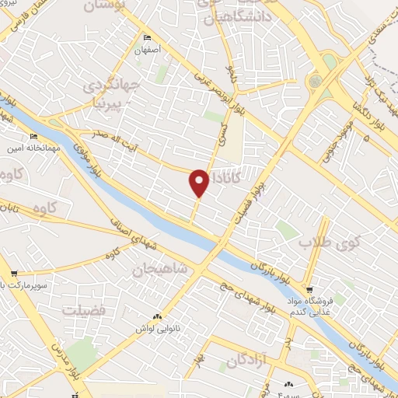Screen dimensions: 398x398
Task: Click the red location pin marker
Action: (x=199, y=182)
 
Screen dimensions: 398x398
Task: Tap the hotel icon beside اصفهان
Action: (x=148, y=37)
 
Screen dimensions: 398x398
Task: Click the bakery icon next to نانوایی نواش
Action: (x=158, y=317)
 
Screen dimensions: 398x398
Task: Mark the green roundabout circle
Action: (x=316, y=80)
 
